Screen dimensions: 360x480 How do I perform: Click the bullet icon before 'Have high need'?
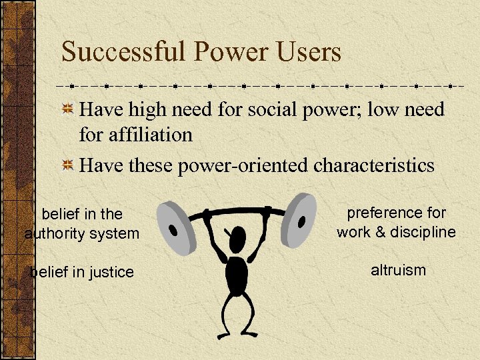click(x=68, y=109)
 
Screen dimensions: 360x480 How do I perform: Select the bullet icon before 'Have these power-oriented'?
click(x=68, y=165)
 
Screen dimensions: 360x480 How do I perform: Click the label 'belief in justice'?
click(x=82, y=272)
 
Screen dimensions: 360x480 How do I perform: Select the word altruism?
click(x=398, y=270)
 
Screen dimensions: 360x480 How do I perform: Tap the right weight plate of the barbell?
click(x=304, y=213)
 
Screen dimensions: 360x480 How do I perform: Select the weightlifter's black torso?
click(x=237, y=273)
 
